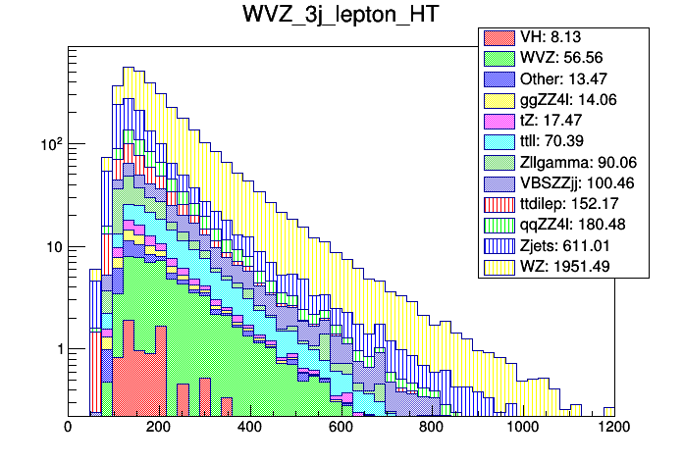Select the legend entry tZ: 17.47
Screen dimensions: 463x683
(555, 121)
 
